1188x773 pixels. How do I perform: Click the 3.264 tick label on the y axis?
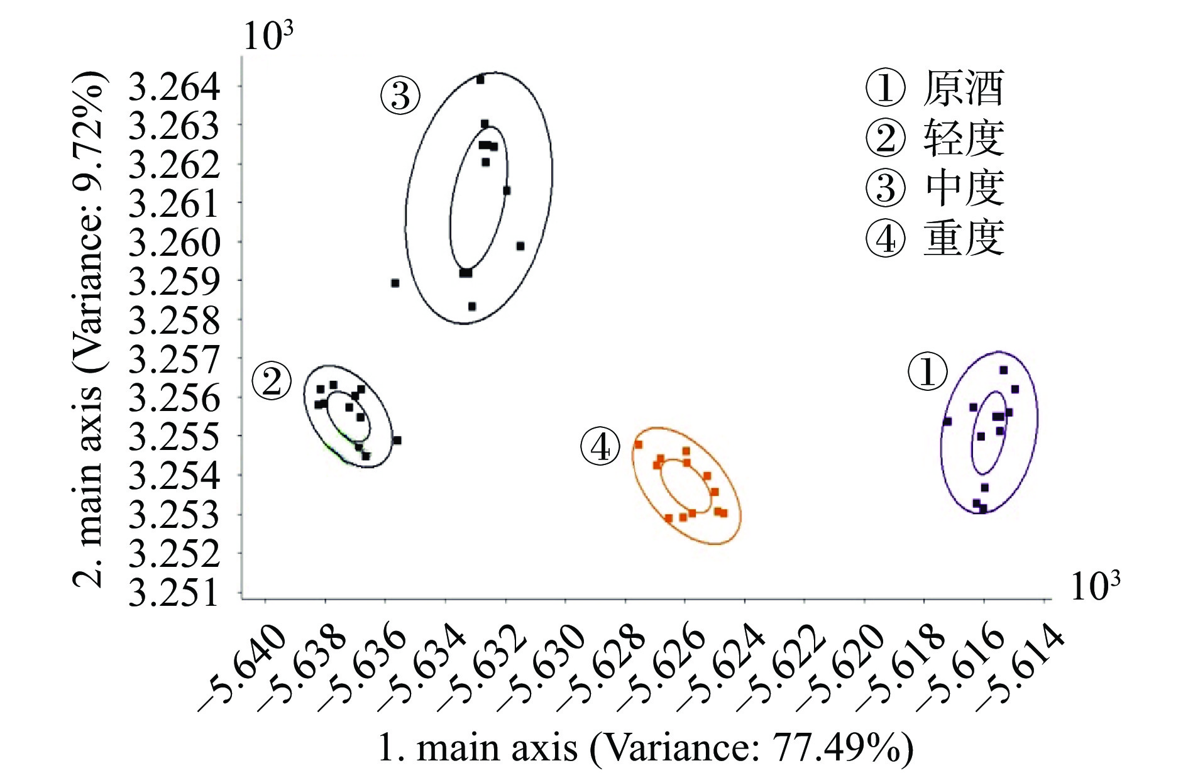tap(174, 87)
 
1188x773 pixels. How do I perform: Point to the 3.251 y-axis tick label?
tap(174, 593)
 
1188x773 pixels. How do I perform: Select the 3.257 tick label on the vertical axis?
tap(174, 360)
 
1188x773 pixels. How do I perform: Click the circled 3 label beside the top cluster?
tap(400, 97)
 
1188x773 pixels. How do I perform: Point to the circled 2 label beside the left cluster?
tap(272, 381)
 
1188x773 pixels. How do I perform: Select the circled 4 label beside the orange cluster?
tap(600, 447)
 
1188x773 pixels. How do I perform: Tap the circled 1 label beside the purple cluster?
tap(928, 371)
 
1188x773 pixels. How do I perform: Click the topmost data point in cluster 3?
tap(480, 80)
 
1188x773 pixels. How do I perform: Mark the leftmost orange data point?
tap(639, 444)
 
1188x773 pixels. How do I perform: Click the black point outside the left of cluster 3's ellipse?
tap(395, 283)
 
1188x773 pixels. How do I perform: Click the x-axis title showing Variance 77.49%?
tap(646, 748)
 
